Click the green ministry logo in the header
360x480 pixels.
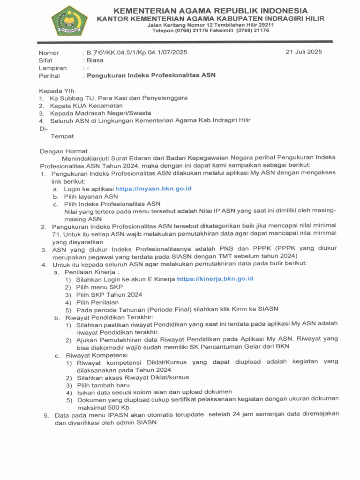click(69, 21)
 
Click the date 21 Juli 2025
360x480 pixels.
click(303, 52)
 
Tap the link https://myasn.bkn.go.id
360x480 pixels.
click(153, 188)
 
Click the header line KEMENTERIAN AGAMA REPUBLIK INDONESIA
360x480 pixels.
click(211, 11)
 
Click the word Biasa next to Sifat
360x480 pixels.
click(94, 60)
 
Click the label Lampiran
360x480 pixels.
click(52, 68)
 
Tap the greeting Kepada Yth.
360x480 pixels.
click(57, 90)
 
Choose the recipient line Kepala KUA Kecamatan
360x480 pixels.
click(83, 105)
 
